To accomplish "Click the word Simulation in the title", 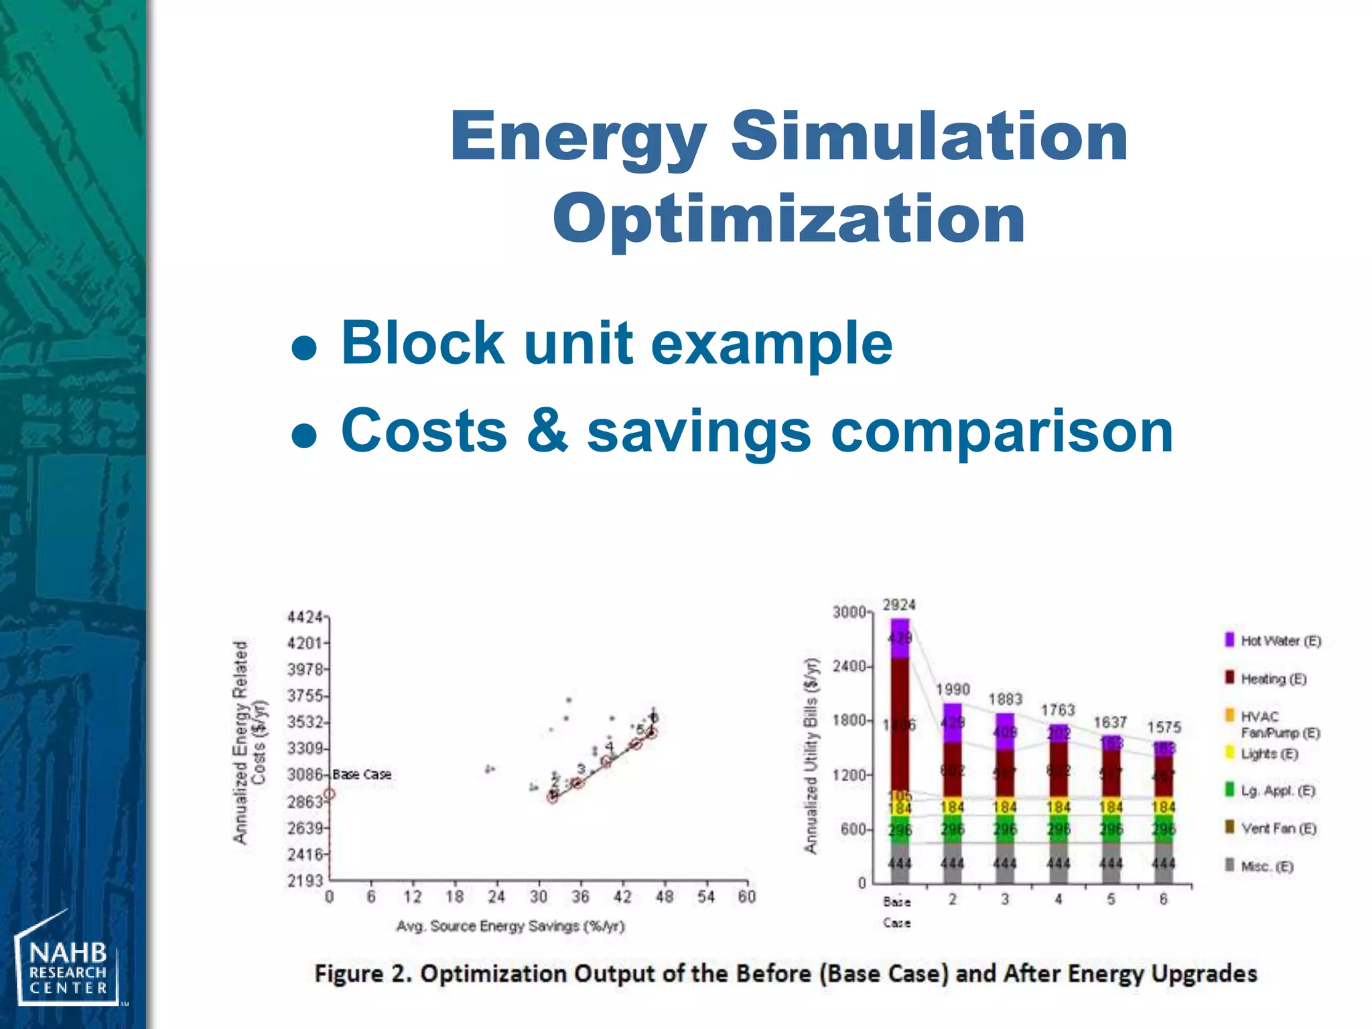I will [x=929, y=137].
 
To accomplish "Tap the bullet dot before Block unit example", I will [x=305, y=348].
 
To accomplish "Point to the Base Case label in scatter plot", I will [x=362, y=774].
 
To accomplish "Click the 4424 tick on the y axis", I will [x=305, y=616].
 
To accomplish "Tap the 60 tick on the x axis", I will [x=746, y=897].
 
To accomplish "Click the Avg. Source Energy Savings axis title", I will [x=510, y=926].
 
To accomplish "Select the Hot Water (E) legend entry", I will [x=1273, y=640].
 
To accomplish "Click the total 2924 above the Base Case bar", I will [x=899, y=605].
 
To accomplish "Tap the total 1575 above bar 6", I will [x=1164, y=727].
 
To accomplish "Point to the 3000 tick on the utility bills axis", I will [x=849, y=612].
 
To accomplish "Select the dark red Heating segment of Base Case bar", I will [x=900, y=724].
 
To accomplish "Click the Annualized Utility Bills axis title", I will [x=811, y=756].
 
